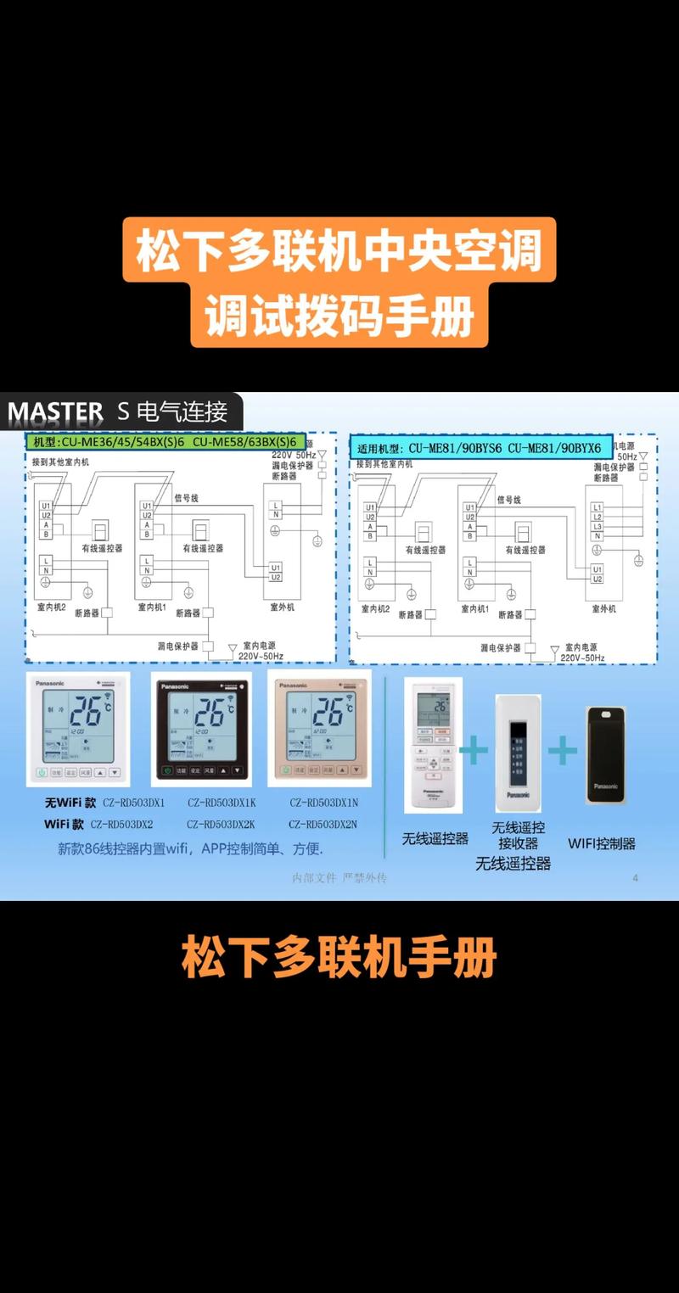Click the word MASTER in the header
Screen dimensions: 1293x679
55,412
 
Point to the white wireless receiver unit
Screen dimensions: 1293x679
518,750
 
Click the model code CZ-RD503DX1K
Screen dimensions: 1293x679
221,802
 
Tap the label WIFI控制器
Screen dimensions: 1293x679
602,843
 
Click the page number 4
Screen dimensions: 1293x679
635,877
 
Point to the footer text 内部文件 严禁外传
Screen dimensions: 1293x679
339,878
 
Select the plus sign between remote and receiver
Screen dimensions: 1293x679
474,750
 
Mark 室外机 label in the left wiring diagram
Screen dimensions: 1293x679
283,608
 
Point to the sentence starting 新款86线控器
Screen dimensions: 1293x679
190,848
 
